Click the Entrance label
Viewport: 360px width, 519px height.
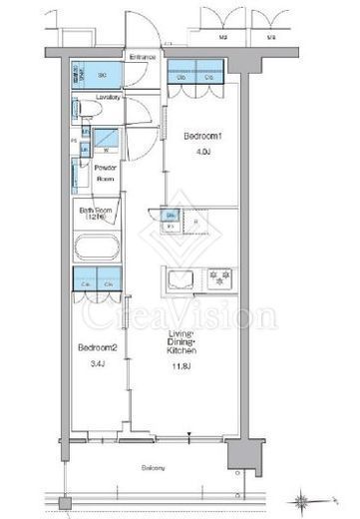click(141, 57)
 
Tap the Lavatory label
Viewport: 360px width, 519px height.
click(110, 97)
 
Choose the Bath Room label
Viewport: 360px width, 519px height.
click(97, 215)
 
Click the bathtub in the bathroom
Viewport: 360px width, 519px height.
click(98, 251)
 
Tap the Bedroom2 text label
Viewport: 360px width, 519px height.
click(92, 347)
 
